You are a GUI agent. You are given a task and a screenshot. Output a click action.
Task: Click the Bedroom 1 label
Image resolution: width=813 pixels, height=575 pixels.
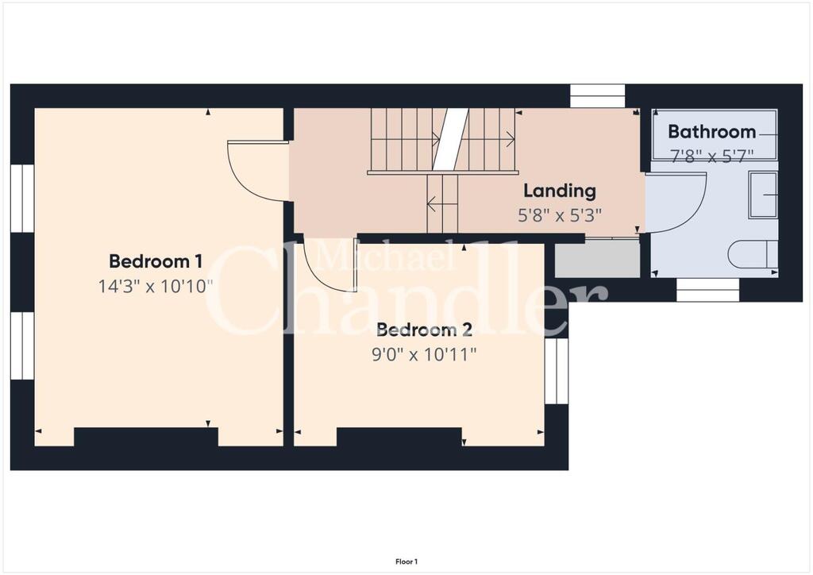[x=156, y=261]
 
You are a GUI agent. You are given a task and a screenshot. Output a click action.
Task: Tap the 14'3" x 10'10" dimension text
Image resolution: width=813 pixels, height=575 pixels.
[x=156, y=286]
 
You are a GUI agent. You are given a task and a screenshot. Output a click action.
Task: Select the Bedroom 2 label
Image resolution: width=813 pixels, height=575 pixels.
[x=424, y=330]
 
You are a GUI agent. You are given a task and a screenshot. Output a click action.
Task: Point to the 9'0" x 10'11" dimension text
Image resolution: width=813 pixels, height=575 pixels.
[x=424, y=355]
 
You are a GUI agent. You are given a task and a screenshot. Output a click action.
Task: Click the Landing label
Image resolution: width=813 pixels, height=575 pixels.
[x=560, y=191]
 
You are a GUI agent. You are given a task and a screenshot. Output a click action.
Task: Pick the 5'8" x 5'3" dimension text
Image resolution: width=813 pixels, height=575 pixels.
[x=560, y=214]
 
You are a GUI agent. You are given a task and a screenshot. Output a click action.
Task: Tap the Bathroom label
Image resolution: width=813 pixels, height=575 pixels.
[x=711, y=132]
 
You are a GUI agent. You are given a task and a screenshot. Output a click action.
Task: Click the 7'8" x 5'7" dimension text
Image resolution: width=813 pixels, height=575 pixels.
[x=711, y=156]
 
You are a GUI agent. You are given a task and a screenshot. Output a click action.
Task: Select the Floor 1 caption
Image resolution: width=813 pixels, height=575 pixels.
[x=406, y=561]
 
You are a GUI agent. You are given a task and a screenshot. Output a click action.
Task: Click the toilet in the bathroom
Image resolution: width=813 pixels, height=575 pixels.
[x=753, y=255]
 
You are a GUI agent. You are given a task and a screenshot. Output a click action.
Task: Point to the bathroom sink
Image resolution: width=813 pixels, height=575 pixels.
[x=763, y=195]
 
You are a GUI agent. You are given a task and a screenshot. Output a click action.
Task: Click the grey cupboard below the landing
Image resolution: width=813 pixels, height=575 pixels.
[x=597, y=259]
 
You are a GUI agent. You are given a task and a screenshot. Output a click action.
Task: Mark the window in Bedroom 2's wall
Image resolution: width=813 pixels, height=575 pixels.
[x=557, y=370]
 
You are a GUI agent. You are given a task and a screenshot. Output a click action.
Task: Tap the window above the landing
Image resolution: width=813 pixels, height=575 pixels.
[x=597, y=96]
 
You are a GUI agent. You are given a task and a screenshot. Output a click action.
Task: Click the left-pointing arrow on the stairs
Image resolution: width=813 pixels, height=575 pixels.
[x=442, y=204]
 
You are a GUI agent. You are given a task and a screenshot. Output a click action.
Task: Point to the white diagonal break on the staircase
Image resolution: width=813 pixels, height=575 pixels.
[x=451, y=139]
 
